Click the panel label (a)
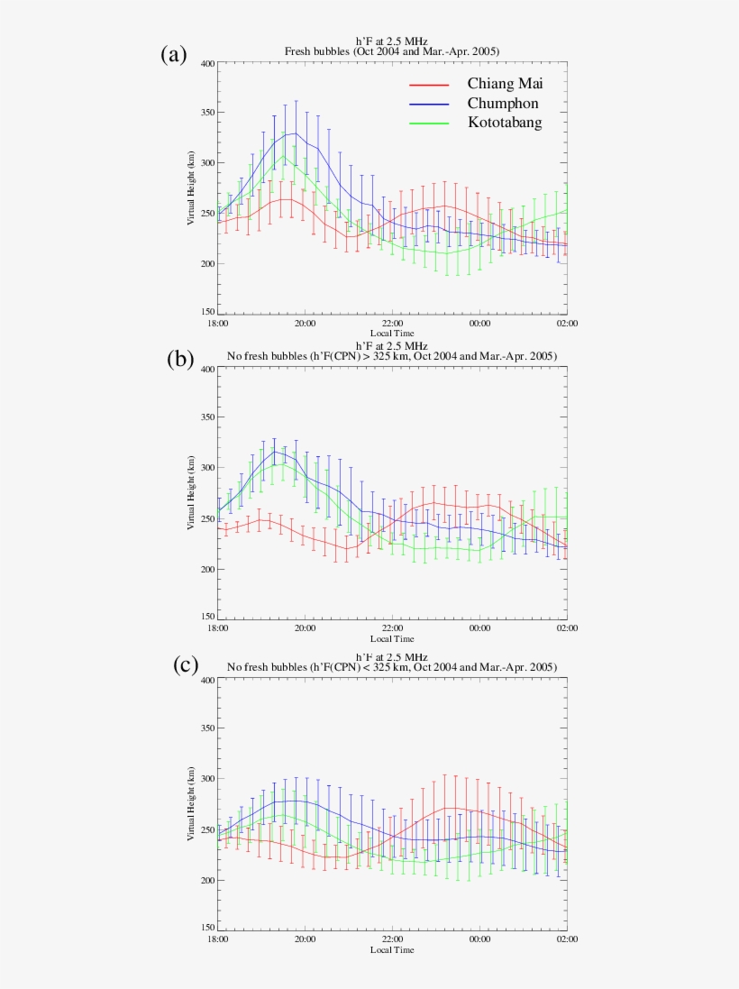174,55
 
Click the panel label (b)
180,359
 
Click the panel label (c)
185,665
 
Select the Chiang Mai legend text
505,84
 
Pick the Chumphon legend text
503,104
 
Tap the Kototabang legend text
505,123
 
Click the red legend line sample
429,85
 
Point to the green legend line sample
429,124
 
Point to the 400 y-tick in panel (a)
207,63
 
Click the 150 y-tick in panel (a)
207,312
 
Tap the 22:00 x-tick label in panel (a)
392,323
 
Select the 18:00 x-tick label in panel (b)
217,627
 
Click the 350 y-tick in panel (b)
207,417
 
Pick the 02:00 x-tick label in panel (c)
567,939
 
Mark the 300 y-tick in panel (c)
207,778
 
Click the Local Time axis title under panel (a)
392,334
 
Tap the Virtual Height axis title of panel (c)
191,804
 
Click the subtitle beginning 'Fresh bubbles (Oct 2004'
392,51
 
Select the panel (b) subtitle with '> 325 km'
392,357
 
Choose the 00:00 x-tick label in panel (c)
479,939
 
